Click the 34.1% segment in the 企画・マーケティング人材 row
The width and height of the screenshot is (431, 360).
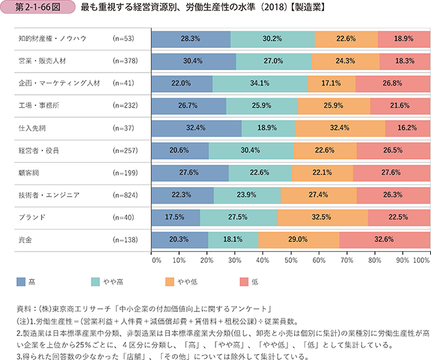pyautogui.click(x=260, y=84)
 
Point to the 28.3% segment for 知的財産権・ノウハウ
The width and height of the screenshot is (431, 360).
pyautogui.click(x=191, y=39)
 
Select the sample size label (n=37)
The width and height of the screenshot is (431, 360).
pyautogui.click(x=121, y=128)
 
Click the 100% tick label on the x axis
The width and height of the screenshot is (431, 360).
pyautogui.click(x=421, y=259)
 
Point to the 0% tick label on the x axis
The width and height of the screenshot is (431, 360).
pyautogui.click(x=156, y=259)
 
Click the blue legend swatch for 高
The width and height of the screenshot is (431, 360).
pyautogui.click(x=22, y=282)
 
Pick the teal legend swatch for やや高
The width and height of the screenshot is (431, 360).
pyautogui.click(x=96, y=282)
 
